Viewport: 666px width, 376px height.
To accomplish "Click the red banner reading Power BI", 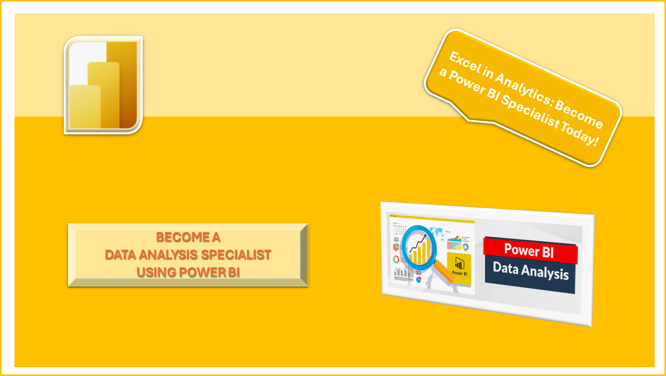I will pyautogui.click(x=530, y=251).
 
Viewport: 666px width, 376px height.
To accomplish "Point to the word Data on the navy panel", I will pyautogui.click(x=506, y=268).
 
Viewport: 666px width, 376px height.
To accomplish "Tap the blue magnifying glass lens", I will pyautogui.click(x=423, y=248).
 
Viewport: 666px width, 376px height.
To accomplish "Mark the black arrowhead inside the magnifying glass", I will pyautogui.click(x=425, y=237).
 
